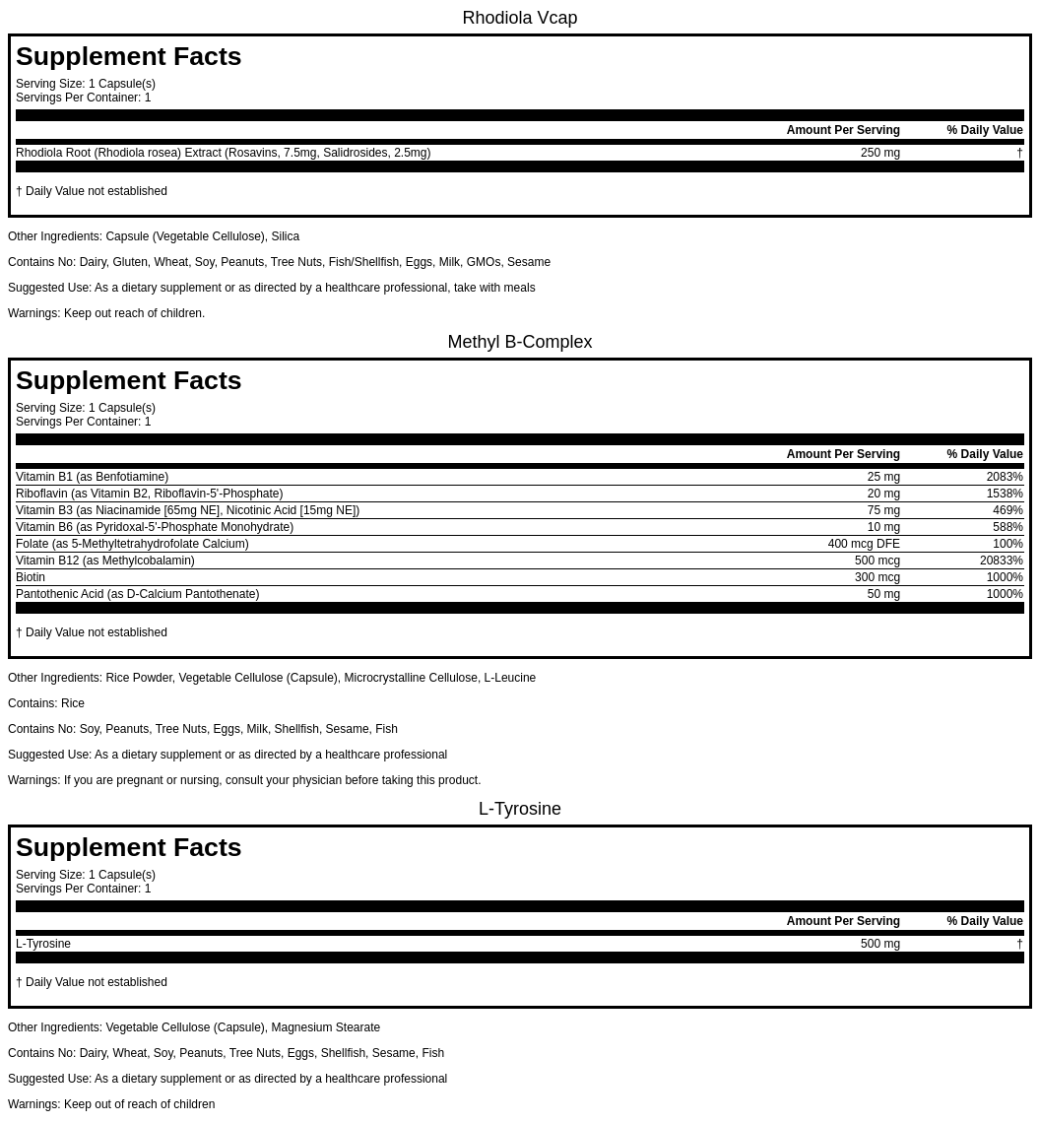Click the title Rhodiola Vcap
tap(519, 18)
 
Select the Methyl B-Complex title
tap(519, 342)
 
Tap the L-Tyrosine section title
tap(519, 809)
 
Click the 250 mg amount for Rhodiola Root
tap(879, 153)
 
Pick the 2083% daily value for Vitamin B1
tap(1005, 477)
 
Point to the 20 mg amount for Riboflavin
tap(883, 494)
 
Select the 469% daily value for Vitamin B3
tap(1007, 510)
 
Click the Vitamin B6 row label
tap(155, 527)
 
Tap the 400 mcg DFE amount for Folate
tap(864, 544)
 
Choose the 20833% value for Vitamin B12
tap(1001, 561)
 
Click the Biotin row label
tap(31, 577)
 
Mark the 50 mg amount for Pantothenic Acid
tap(883, 594)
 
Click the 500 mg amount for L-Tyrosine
tap(879, 944)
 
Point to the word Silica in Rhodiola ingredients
tap(285, 236)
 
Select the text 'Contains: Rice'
tap(46, 703)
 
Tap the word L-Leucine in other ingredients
tap(509, 678)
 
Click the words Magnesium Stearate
tap(325, 1027)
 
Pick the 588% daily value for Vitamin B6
tap(1007, 527)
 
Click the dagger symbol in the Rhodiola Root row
tap(1019, 153)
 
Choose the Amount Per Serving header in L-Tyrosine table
tap(843, 921)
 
